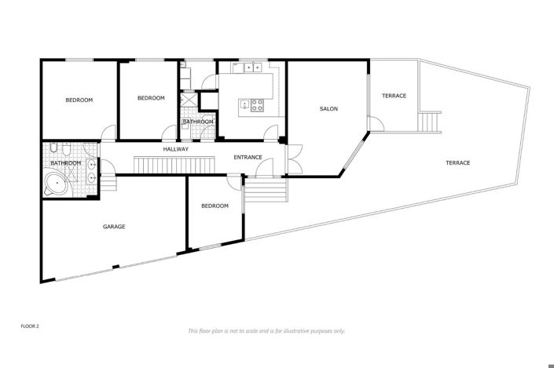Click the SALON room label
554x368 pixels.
pos(328,109)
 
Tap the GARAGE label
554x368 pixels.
pos(114,227)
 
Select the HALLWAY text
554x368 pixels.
pos(175,149)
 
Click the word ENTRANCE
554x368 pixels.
pos(248,158)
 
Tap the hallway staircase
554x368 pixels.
pos(174,165)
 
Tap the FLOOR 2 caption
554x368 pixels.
pos(30,325)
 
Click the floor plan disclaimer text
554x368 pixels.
pos(266,331)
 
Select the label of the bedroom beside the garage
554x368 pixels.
pos(215,206)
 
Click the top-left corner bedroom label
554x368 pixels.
pos(79,100)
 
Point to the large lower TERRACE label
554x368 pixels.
pos(457,162)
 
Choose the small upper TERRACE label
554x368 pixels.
pos(394,96)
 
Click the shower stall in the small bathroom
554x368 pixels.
pos(189,102)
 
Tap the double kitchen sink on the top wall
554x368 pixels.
pos(251,68)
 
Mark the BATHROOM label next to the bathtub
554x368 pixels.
pos(66,163)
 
